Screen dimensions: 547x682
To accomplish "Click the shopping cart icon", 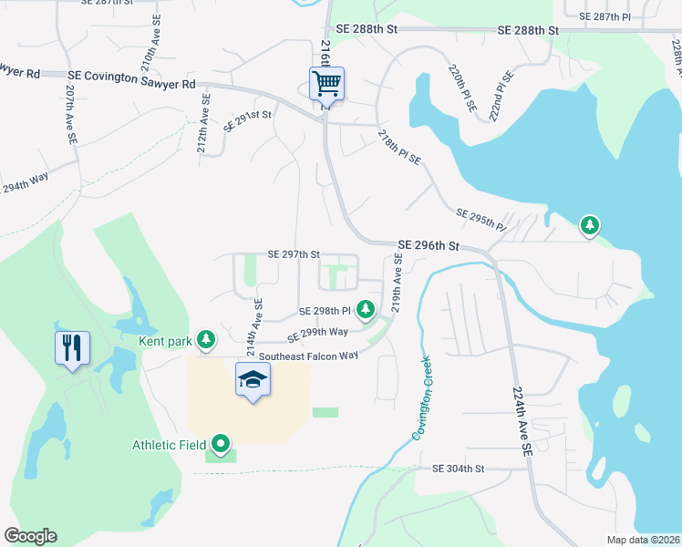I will point(326,84).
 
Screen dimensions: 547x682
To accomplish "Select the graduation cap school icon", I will point(253,379).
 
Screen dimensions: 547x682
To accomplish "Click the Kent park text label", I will point(165,342).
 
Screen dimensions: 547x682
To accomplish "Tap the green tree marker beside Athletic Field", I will point(220,445).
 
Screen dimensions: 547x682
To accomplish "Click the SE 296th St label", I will point(428,246).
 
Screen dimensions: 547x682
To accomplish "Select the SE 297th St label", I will point(294,254).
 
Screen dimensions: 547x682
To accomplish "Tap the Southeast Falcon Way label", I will point(308,356).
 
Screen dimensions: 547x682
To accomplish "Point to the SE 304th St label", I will point(459,469).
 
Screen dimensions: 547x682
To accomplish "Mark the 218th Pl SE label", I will point(399,148).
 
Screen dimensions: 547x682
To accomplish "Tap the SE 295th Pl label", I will point(480,219).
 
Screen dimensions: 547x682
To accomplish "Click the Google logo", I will point(30,536).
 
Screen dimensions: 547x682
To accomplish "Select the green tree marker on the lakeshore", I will point(590,224).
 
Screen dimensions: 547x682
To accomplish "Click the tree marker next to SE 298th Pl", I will point(366,310).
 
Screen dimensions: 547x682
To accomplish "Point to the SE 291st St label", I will point(249,120).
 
